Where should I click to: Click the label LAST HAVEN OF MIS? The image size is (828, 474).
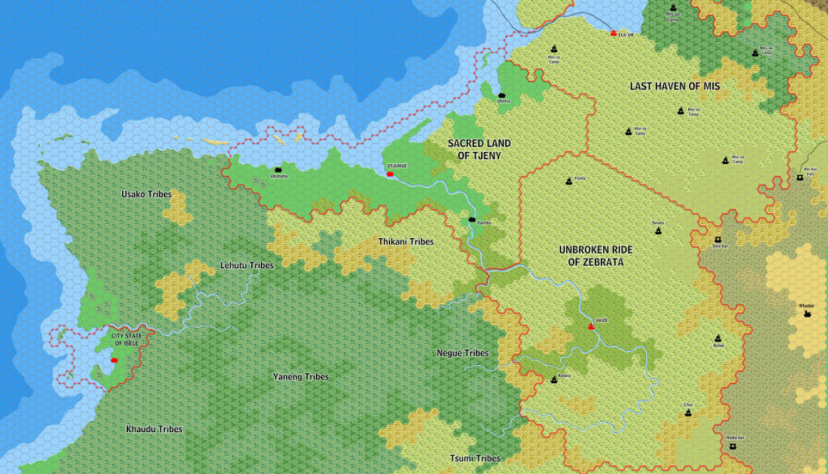click(x=675, y=86)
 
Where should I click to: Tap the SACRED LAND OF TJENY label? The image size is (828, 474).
click(x=480, y=149)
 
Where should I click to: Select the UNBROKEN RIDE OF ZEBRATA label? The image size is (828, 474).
click(x=596, y=256)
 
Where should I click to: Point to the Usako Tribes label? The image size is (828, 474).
click(x=146, y=194)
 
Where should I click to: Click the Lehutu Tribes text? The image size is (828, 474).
click(x=247, y=265)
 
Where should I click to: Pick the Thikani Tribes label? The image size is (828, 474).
click(x=406, y=242)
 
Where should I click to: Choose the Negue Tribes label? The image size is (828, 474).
click(x=463, y=353)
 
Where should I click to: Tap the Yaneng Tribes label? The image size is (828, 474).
click(x=301, y=376)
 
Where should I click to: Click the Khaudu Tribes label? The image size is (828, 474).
click(x=154, y=429)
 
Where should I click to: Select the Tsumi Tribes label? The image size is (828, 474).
click(x=475, y=458)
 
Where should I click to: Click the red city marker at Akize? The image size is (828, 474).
click(x=591, y=326)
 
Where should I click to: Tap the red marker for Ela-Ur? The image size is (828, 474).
click(x=614, y=33)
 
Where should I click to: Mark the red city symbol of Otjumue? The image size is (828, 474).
click(x=390, y=174)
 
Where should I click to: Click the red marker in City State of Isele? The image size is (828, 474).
click(x=113, y=360)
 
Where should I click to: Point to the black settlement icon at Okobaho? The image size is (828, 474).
click(x=278, y=170)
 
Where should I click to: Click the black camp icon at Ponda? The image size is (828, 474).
click(x=569, y=181)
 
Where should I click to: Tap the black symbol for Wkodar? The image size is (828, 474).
click(x=807, y=313)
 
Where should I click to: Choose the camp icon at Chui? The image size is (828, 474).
click(x=688, y=412)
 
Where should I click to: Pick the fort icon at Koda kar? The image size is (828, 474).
click(x=732, y=446)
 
